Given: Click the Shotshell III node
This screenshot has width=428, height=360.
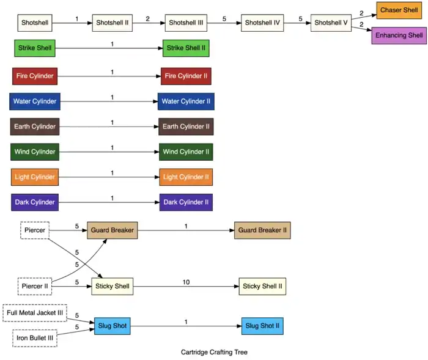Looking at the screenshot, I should (186, 23).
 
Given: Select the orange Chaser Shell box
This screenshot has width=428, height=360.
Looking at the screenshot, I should (399, 10).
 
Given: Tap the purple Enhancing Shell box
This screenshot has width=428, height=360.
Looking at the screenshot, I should (399, 35).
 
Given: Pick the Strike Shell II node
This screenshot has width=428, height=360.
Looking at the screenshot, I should (186, 48).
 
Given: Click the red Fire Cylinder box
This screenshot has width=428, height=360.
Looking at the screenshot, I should (35, 76).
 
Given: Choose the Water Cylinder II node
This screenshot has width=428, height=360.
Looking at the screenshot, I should (186, 101).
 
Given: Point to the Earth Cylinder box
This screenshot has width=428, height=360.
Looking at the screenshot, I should (35, 127).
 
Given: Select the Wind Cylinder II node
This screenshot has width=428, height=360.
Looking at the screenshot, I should (186, 152).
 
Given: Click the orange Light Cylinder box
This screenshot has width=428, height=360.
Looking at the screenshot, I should (35, 177).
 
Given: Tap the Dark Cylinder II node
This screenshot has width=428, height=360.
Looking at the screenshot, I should (186, 202).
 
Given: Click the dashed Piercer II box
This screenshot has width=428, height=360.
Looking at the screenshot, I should (35, 285).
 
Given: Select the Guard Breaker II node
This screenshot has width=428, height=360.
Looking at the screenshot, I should (262, 230).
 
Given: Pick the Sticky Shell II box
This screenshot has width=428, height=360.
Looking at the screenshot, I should (262, 285).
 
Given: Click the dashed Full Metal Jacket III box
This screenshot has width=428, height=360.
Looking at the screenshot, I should (35, 312).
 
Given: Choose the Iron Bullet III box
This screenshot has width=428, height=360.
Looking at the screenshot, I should (35, 338).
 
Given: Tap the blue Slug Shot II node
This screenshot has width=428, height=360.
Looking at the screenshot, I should (262, 326).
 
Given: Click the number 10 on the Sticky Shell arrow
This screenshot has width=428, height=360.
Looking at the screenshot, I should (186, 282).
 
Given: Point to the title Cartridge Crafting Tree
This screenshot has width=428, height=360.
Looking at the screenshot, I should (214, 353).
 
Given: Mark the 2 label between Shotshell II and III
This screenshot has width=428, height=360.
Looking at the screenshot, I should (147, 19).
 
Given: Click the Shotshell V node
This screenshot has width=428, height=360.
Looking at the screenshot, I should (331, 23).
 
